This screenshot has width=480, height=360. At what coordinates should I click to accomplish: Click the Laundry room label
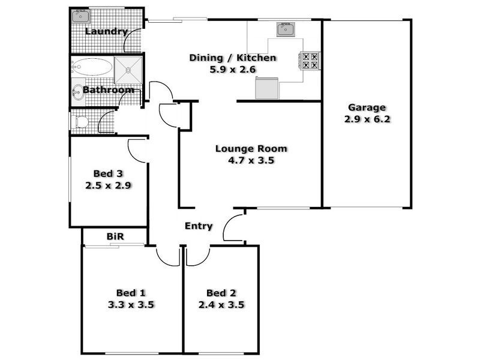107,31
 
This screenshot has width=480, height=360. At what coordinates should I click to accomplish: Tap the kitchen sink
285,29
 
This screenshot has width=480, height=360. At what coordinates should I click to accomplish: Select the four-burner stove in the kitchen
310,61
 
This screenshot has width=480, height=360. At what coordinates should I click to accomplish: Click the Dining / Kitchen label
233,58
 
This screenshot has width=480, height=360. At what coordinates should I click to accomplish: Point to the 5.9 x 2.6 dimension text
233,70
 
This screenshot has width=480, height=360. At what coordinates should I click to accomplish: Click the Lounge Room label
251,149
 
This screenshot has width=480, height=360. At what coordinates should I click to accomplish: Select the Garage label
367,108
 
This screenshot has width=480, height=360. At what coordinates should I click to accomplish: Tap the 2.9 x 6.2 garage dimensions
367,119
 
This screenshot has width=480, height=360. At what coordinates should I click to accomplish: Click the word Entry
198,226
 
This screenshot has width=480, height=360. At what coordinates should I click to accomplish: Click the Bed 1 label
130,293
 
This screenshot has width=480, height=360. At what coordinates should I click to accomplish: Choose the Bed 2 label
221,293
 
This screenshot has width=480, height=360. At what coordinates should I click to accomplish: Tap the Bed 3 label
108,174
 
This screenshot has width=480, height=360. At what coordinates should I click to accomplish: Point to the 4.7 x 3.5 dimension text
251,160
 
